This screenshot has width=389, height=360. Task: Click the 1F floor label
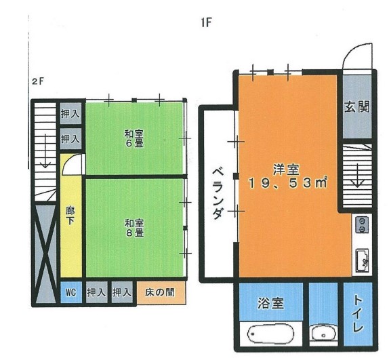tap(206, 23)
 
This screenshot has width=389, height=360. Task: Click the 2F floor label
tap(38, 81)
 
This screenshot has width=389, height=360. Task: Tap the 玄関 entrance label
tap(357, 106)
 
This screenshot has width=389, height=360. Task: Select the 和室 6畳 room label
tap(134, 139)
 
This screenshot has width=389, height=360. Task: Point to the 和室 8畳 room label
tap(134, 228)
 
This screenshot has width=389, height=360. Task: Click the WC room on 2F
tap(71, 292)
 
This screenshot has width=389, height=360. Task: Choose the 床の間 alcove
tap(161, 292)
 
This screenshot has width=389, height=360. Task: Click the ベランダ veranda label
tap(218, 193)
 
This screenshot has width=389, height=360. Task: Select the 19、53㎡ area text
tap(288, 183)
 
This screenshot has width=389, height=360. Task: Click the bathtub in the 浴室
tap(270, 334)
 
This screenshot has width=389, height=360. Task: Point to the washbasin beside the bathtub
tap(324, 333)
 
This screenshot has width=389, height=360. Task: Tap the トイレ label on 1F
tap(359, 314)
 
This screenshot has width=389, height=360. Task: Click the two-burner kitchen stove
tap(363, 224)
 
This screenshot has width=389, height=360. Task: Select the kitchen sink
tap(363, 260)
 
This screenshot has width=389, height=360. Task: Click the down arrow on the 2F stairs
tap(45, 151)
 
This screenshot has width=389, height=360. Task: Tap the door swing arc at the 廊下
tap(68, 162)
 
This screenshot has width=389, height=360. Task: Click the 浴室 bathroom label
tap(270, 303)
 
